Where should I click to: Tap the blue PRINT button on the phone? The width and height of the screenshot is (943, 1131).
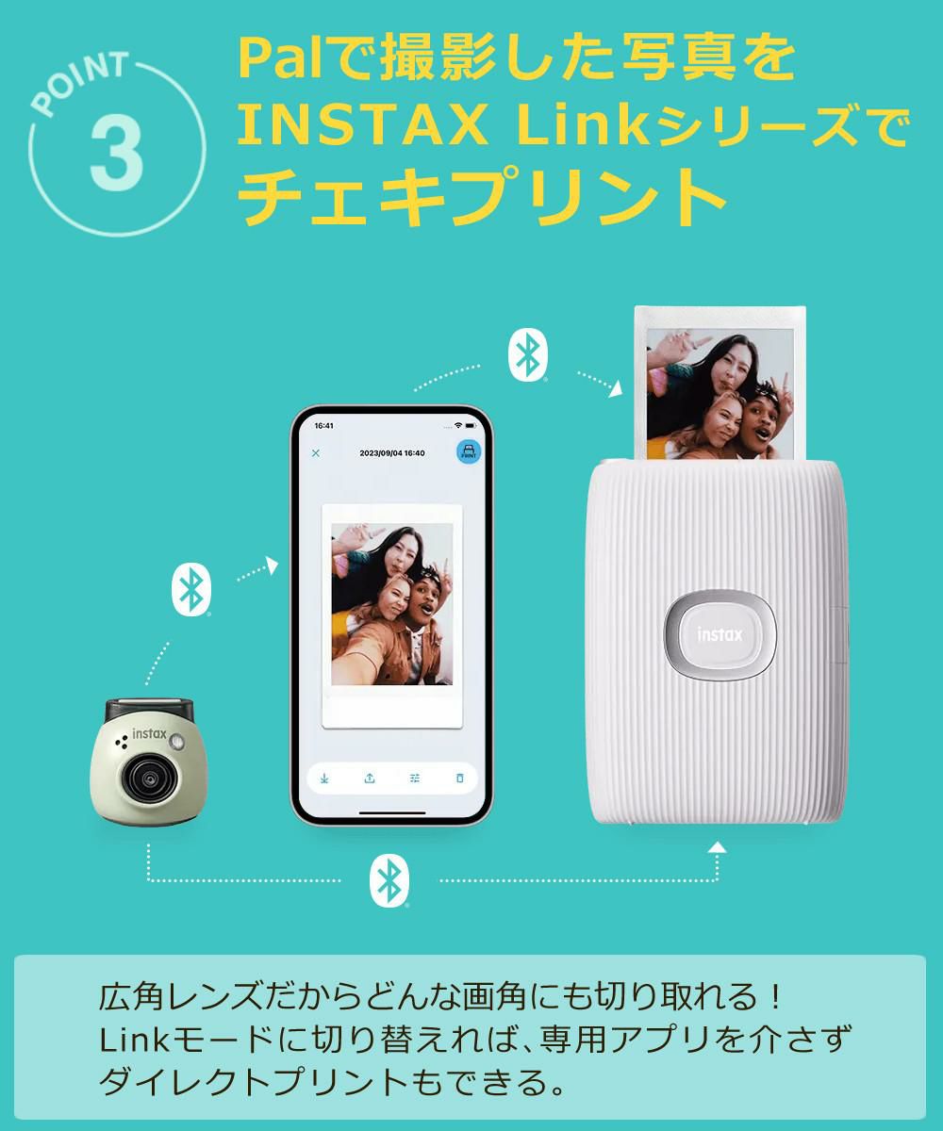click(x=468, y=451)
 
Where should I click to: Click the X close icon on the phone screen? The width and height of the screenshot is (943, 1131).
click(x=316, y=453)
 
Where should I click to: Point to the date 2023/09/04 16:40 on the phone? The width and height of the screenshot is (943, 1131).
click(x=392, y=453)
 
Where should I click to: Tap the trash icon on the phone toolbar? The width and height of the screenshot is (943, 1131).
click(x=460, y=778)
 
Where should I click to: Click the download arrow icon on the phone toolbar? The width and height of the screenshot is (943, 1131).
click(x=324, y=778)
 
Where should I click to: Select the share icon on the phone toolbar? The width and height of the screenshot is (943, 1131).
click(x=370, y=778)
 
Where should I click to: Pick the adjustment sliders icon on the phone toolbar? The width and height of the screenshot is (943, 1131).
click(x=415, y=778)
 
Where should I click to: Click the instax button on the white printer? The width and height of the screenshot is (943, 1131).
click(x=720, y=634)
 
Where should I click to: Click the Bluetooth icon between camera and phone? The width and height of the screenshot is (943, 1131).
click(x=191, y=589)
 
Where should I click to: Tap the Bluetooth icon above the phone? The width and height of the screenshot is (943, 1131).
click(x=527, y=356)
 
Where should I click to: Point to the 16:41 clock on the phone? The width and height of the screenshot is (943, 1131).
click(x=323, y=425)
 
